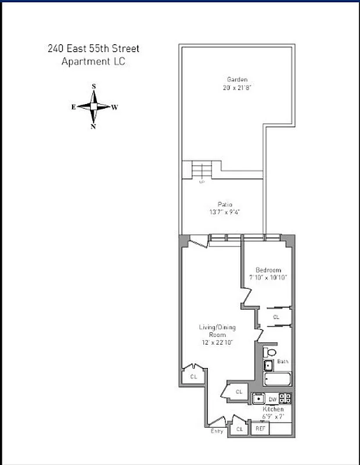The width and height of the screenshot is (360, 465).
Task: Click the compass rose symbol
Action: click(x=93, y=107)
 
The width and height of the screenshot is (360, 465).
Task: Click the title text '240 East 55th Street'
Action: click(x=93, y=48)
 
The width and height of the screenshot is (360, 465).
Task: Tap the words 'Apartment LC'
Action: click(x=93, y=60)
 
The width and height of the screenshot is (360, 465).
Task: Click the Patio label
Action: click(x=225, y=204)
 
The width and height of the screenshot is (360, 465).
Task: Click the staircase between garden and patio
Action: click(x=202, y=170)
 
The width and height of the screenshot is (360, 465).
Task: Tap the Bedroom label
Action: click(x=268, y=270)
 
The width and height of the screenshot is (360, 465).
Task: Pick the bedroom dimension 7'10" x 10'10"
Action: click(x=268, y=277)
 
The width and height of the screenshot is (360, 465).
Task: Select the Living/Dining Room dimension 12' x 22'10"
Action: click(x=217, y=343)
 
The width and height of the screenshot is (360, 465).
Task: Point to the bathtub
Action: click(x=278, y=380)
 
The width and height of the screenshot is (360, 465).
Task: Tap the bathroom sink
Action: click(x=268, y=365)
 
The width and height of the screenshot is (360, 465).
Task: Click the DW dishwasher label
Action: click(x=273, y=399)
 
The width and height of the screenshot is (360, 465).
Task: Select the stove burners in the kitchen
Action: click(x=285, y=399)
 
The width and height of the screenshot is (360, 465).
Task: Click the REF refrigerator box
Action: click(x=261, y=429)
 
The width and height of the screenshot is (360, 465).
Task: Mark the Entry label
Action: click(x=217, y=431)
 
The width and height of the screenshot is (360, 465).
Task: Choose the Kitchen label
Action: click(x=272, y=409)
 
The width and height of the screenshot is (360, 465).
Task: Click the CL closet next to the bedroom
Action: click(x=276, y=317)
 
